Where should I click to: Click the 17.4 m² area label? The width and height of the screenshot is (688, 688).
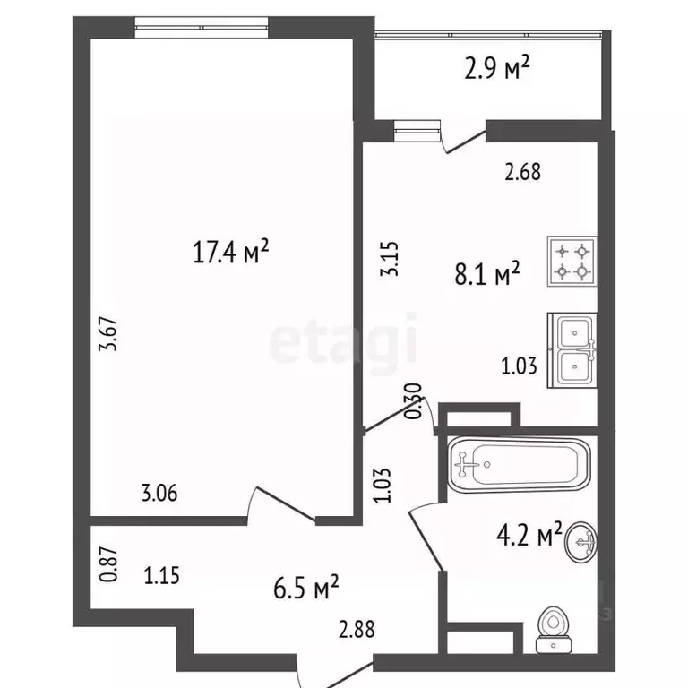(x=230, y=252)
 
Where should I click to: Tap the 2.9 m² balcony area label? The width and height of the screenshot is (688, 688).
(x=496, y=67)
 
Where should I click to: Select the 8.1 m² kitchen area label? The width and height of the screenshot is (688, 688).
(x=487, y=274)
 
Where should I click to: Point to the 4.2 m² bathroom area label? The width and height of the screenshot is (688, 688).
(x=529, y=534)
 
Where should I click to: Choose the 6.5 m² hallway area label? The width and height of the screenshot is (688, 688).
(x=305, y=588)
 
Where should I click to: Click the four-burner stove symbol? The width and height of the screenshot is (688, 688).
(x=572, y=262)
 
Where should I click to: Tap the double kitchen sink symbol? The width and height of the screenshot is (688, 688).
(x=572, y=350)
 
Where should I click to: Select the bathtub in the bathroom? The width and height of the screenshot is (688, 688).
(x=519, y=465)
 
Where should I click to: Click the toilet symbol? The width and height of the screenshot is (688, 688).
(x=554, y=630)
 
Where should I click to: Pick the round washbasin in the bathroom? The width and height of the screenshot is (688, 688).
(x=580, y=541)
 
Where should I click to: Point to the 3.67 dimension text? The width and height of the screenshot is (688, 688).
(x=108, y=333)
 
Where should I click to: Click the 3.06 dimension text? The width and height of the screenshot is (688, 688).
(x=159, y=493)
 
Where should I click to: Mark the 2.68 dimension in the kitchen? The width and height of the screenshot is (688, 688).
(x=522, y=172)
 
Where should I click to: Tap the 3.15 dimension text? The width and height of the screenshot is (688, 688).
(x=389, y=258)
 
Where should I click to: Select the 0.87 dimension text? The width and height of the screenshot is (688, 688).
(x=108, y=564)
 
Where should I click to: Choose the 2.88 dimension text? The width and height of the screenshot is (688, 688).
(x=357, y=630)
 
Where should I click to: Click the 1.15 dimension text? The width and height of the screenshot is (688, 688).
(x=161, y=576)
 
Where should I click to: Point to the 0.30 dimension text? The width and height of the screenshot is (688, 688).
(x=413, y=400)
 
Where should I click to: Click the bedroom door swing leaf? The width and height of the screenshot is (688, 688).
(x=286, y=503)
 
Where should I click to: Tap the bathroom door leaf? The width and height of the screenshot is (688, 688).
(x=426, y=541)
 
